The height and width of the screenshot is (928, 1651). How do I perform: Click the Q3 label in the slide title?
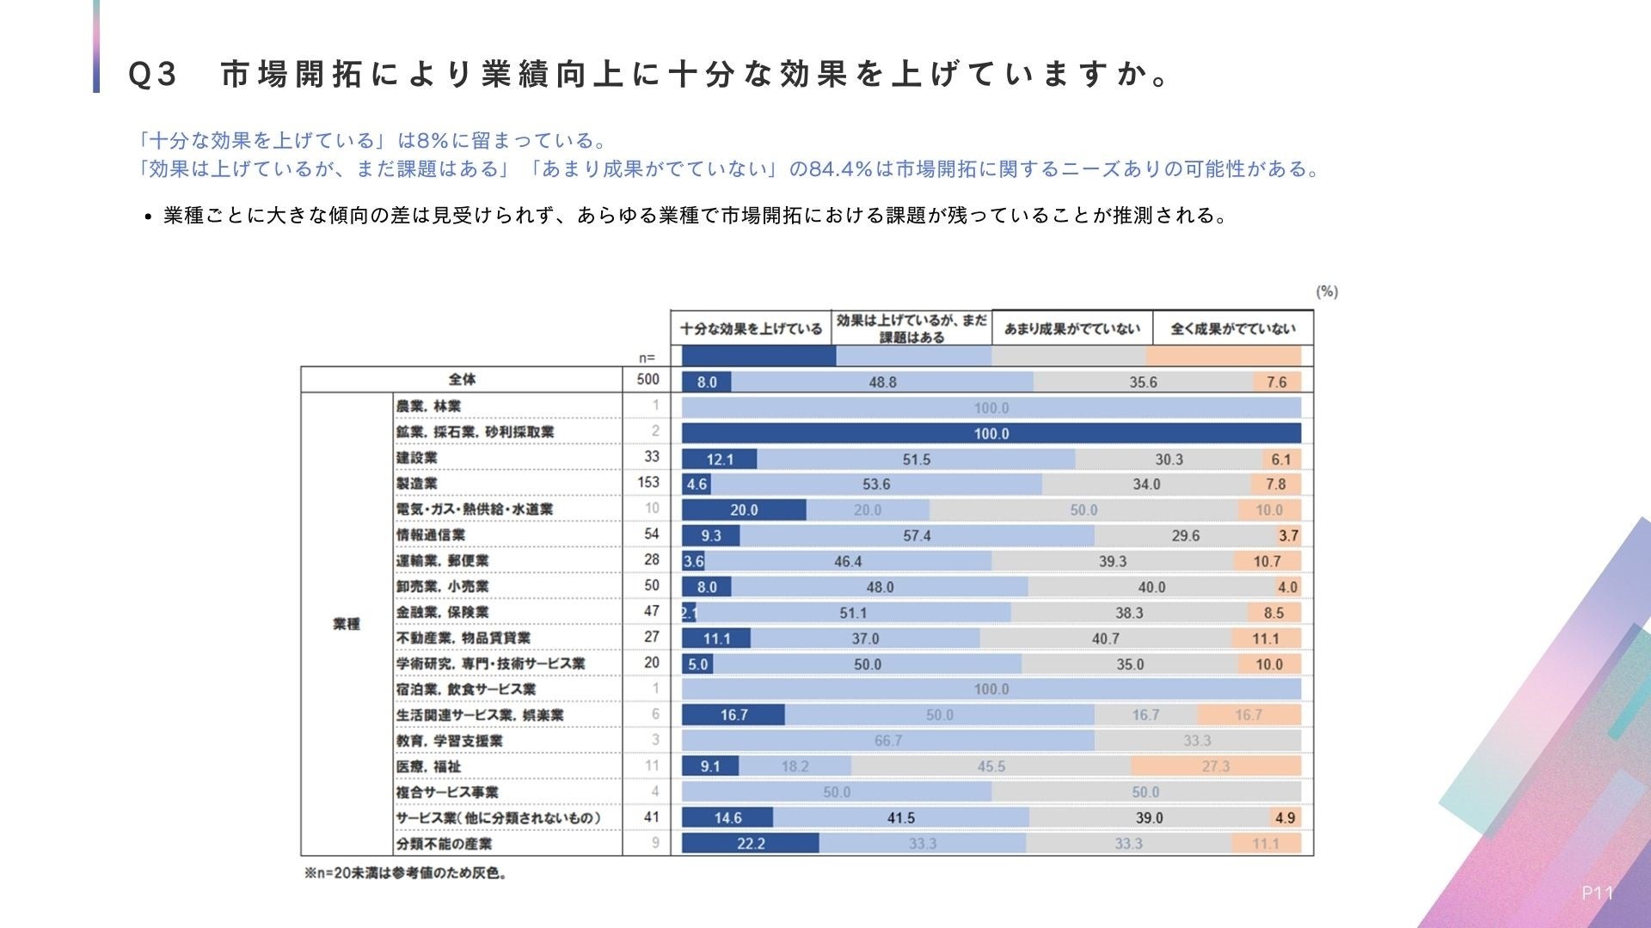click(x=152, y=75)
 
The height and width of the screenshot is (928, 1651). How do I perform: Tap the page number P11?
click(x=1598, y=894)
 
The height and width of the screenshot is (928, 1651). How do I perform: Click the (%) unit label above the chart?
click(x=1327, y=292)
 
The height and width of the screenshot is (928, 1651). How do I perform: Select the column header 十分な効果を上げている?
click(x=751, y=328)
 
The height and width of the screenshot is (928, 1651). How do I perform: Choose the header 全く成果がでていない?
click(x=1232, y=328)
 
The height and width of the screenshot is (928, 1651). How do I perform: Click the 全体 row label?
click(x=462, y=379)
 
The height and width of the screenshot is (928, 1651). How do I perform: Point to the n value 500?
click(x=648, y=379)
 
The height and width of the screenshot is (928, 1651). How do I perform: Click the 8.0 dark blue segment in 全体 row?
click(x=707, y=382)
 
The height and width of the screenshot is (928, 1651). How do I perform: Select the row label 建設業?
click(x=417, y=457)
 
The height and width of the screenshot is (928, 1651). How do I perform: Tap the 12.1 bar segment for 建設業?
click(x=720, y=459)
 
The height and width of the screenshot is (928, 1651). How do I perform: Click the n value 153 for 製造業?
click(x=648, y=483)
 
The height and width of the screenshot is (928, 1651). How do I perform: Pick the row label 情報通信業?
click(x=431, y=534)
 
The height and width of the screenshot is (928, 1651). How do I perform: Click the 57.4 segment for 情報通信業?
click(x=917, y=536)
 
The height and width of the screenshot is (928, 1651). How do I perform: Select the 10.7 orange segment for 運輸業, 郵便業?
click(x=1267, y=561)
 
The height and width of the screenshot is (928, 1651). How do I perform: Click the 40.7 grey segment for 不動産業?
click(x=1106, y=638)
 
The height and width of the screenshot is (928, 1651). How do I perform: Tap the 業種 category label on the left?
click(x=347, y=624)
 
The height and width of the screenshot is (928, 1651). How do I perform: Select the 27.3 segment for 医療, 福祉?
click(x=1216, y=766)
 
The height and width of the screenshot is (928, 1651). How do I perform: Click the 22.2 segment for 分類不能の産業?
click(x=751, y=844)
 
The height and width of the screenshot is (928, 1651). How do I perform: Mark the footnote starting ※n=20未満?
click(x=406, y=873)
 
